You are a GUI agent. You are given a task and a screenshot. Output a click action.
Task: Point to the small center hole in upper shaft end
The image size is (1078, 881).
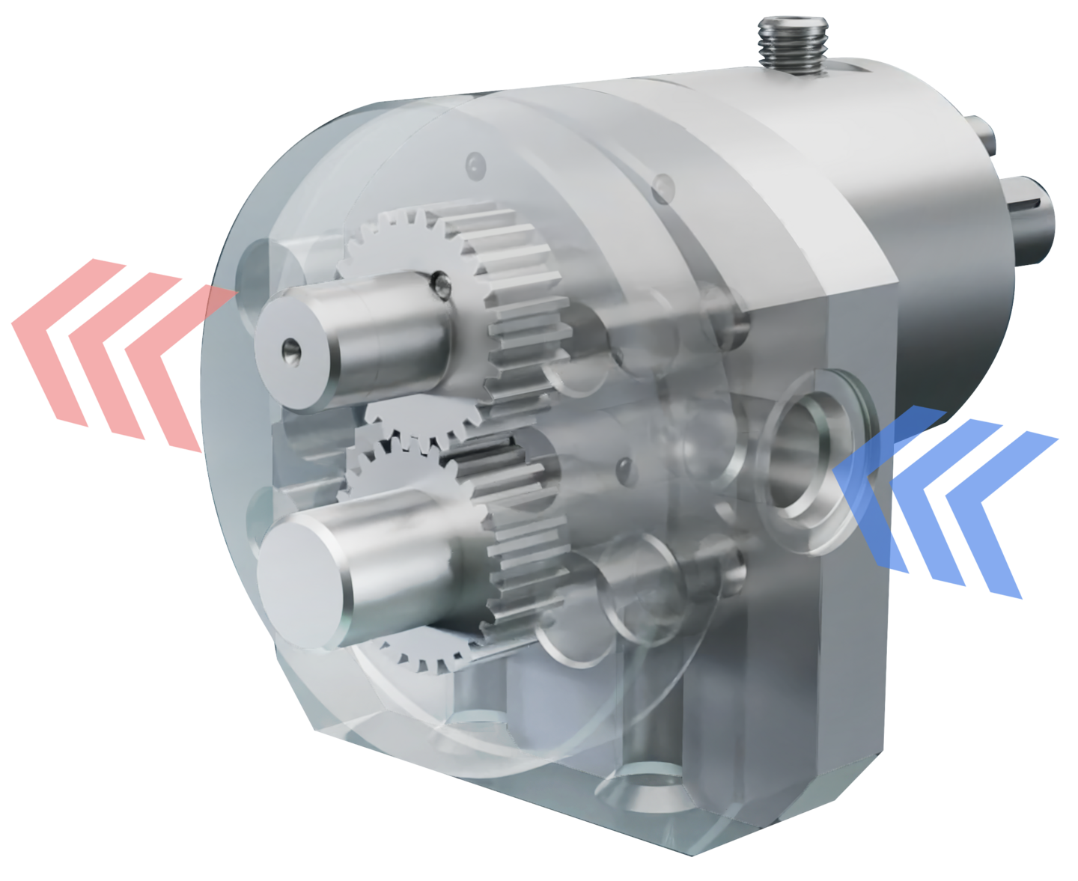point(289,347)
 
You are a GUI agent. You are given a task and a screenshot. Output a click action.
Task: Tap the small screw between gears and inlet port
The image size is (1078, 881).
point(622,467)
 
